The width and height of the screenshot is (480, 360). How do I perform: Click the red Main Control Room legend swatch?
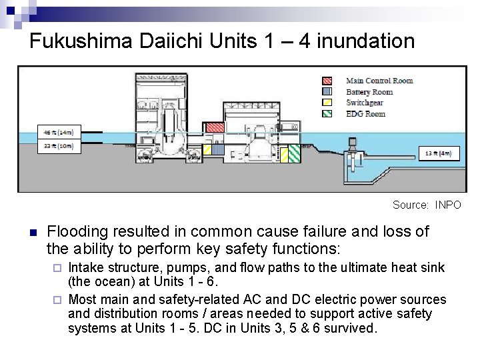pos(327,81)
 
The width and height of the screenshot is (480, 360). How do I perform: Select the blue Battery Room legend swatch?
pos(327,91)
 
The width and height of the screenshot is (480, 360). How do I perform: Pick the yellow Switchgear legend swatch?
pos(327,103)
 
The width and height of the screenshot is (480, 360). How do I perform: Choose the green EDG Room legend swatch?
pos(327,113)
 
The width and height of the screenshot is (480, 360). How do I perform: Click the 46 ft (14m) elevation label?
pos(57,131)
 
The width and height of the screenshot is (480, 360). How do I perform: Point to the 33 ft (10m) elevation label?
pos(57,145)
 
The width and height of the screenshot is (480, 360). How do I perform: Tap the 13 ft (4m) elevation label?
pos(439,154)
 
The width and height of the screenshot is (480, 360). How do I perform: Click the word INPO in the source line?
pos(447,205)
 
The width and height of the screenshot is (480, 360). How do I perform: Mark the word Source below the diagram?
pos(409,205)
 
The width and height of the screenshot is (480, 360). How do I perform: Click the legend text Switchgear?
pos(364,103)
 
